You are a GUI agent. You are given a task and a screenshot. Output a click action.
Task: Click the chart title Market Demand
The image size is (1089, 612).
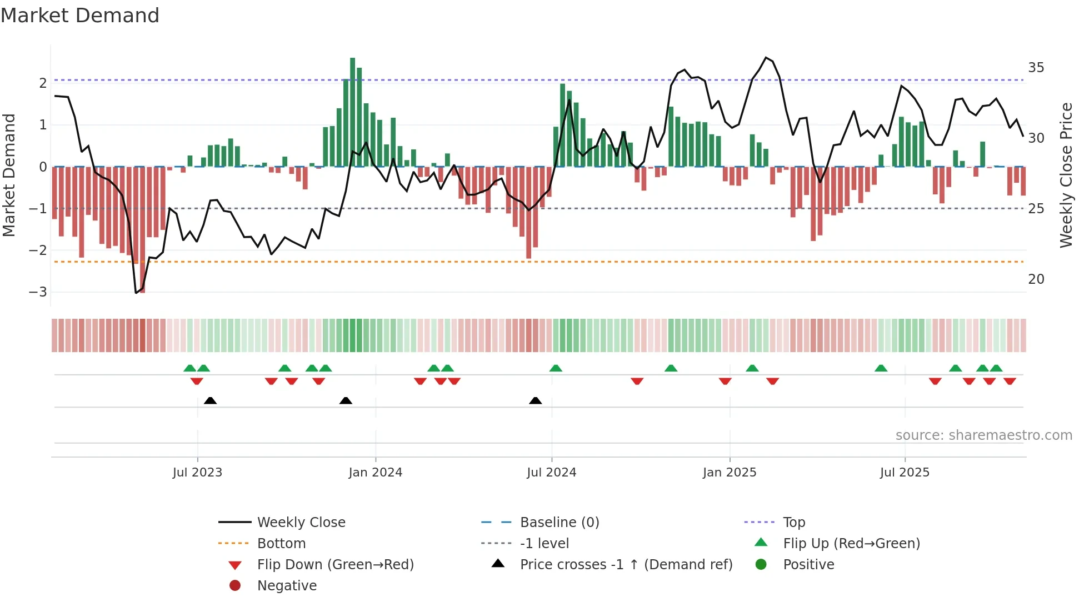[80, 16]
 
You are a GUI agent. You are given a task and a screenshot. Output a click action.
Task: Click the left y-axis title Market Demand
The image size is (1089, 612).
[9, 175]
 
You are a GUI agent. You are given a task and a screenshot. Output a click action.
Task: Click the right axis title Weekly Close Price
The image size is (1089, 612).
[1066, 175]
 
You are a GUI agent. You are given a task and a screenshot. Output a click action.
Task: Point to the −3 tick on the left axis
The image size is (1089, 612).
[38, 292]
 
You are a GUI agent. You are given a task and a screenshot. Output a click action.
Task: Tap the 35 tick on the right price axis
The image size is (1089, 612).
[1036, 68]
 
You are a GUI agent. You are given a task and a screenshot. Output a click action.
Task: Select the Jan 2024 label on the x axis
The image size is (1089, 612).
[375, 473]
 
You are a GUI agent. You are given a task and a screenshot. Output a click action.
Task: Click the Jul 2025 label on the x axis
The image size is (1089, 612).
[904, 473]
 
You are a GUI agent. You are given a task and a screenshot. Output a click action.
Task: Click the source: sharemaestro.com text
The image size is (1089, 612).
[983, 435]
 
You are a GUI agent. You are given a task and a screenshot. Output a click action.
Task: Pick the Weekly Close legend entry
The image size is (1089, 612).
[301, 523]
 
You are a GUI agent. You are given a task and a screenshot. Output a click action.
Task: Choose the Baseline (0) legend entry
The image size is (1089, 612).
[559, 523]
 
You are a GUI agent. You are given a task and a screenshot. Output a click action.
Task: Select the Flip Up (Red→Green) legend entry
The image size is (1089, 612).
[851, 544]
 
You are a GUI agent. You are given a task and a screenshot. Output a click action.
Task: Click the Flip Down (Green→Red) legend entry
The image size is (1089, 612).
[335, 565]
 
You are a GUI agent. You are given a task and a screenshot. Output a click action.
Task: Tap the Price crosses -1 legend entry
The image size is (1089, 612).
[626, 565]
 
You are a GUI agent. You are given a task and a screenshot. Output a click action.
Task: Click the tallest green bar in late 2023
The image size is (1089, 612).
[352, 111]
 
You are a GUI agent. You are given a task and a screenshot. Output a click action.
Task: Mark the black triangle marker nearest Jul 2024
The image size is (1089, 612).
[535, 401]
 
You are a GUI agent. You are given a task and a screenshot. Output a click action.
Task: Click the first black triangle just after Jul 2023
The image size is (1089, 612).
[210, 401]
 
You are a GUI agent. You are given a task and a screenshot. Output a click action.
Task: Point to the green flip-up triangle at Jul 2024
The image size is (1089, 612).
[556, 368]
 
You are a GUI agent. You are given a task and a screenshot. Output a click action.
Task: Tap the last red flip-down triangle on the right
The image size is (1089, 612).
[1010, 382]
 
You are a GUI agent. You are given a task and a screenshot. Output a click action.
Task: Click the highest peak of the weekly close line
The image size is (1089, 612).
[766, 58]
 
